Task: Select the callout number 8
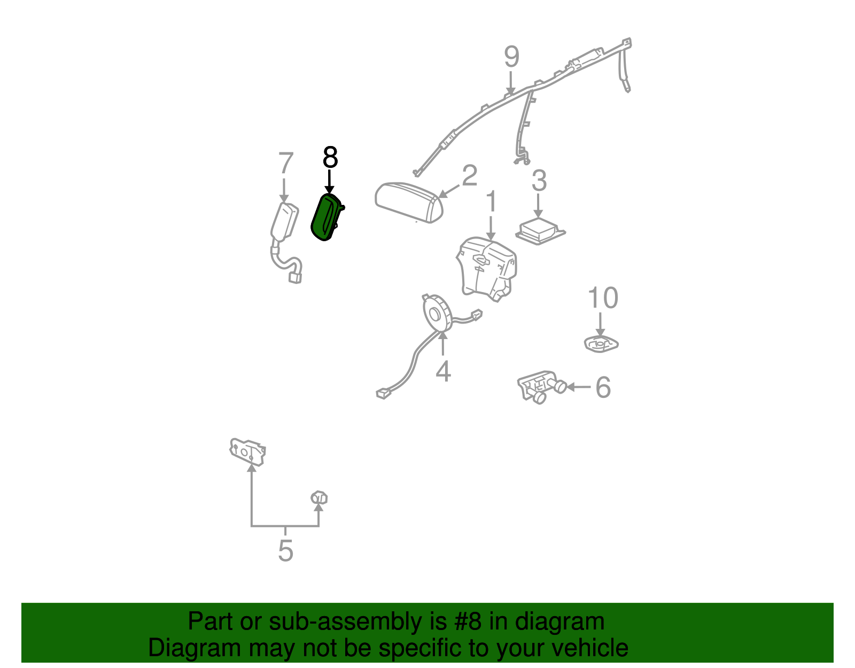tap(330, 157)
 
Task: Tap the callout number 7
tap(286, 163)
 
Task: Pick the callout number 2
tap(469, 175)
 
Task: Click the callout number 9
tap(511, 57)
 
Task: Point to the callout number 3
tap(539, 181)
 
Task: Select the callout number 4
tap(443, 371)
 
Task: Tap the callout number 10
tap(603, 298)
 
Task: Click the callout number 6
tap(603, 387)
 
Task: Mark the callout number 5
tap(286, 551)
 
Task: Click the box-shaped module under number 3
tap(540, 231)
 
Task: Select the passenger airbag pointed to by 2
tap(409, 202)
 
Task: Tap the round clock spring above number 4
tap(436, 313)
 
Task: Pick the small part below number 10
tap(601, 344)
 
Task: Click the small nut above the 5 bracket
tap(319, 497)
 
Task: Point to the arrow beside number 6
tap(578, 387)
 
